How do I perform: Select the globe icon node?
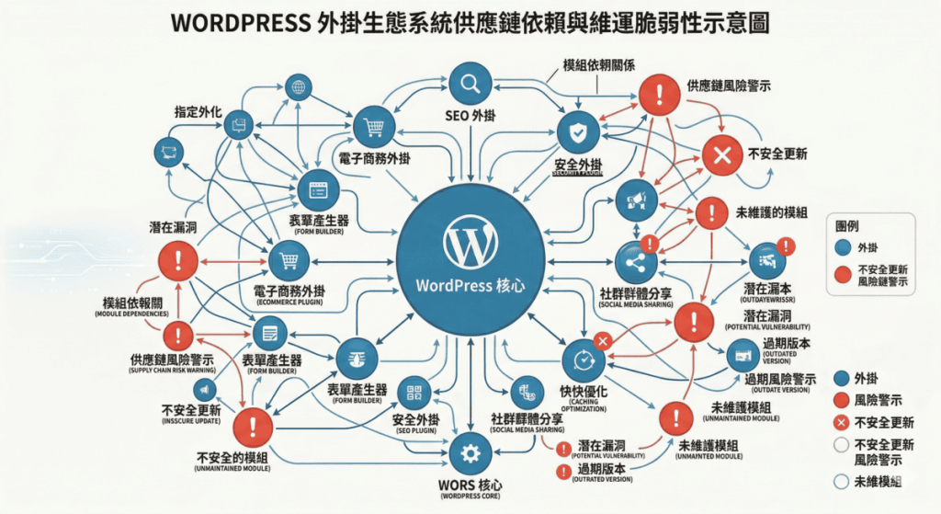coord(297,88)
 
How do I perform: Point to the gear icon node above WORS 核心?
coord(470,452)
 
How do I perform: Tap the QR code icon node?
coord(414,394)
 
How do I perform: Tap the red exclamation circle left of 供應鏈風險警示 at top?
coord(656,94)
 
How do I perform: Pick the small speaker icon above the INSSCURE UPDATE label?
coord(199,390)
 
